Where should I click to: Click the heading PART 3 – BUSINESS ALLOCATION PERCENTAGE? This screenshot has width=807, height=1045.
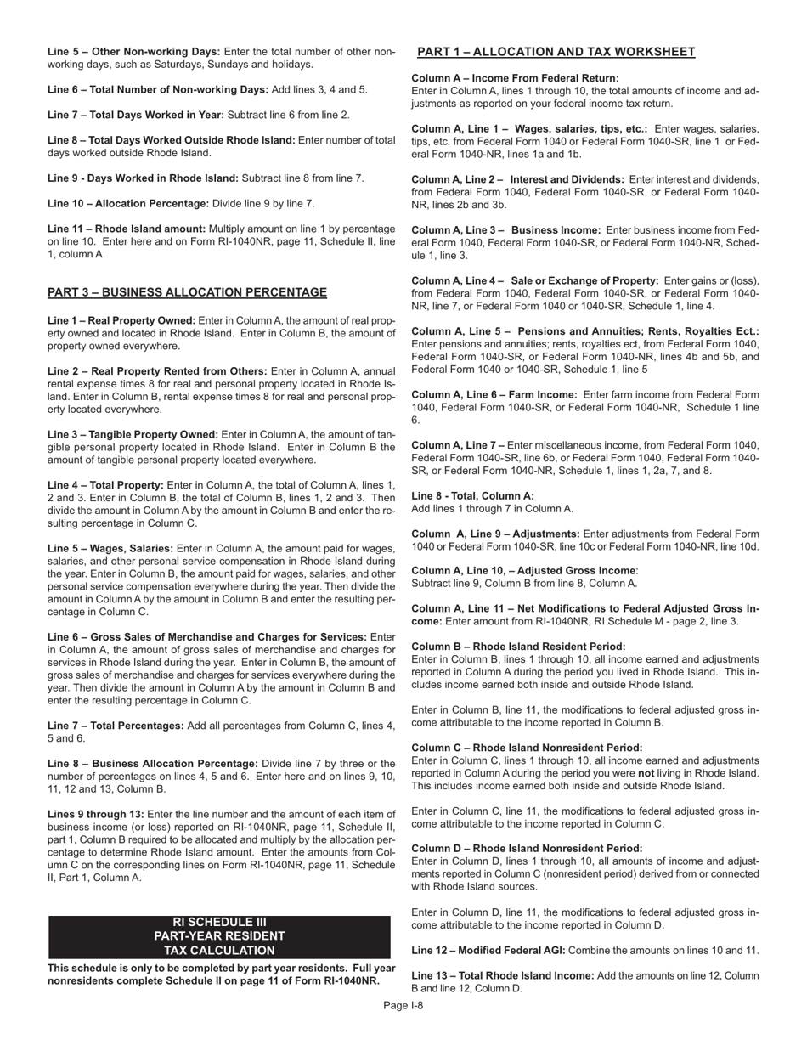[187, 292]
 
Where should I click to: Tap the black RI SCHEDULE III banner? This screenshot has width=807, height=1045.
[219, 936]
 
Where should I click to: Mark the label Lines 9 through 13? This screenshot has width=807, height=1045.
[95, 815]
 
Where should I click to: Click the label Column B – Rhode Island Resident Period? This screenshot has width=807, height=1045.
[518, 647]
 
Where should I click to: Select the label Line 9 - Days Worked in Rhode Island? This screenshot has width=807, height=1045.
[143, 178]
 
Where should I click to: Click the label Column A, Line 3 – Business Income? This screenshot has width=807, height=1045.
[505, 230]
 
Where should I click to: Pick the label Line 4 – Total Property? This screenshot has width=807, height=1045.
[105, 485]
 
